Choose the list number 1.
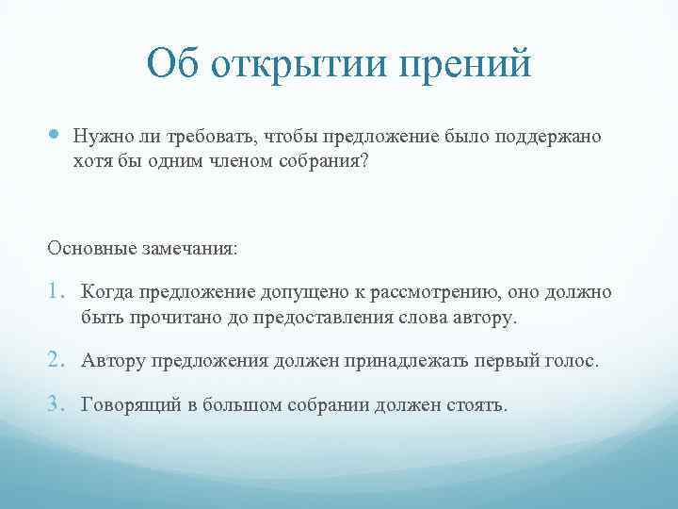tap(56, 292)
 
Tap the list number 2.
tap(56, 361)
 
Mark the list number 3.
tap(56, 405)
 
